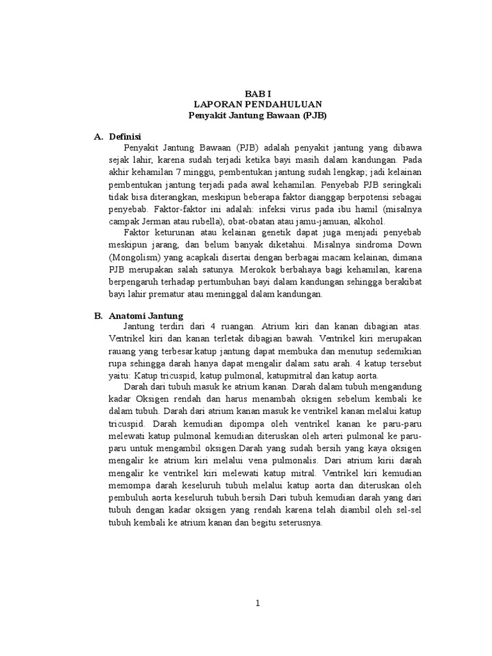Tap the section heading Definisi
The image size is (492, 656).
point(125,136)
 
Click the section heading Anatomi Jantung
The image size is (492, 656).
point(146,316)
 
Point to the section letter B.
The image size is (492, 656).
point(98,316)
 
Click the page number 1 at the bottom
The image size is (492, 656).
point(258,603)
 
